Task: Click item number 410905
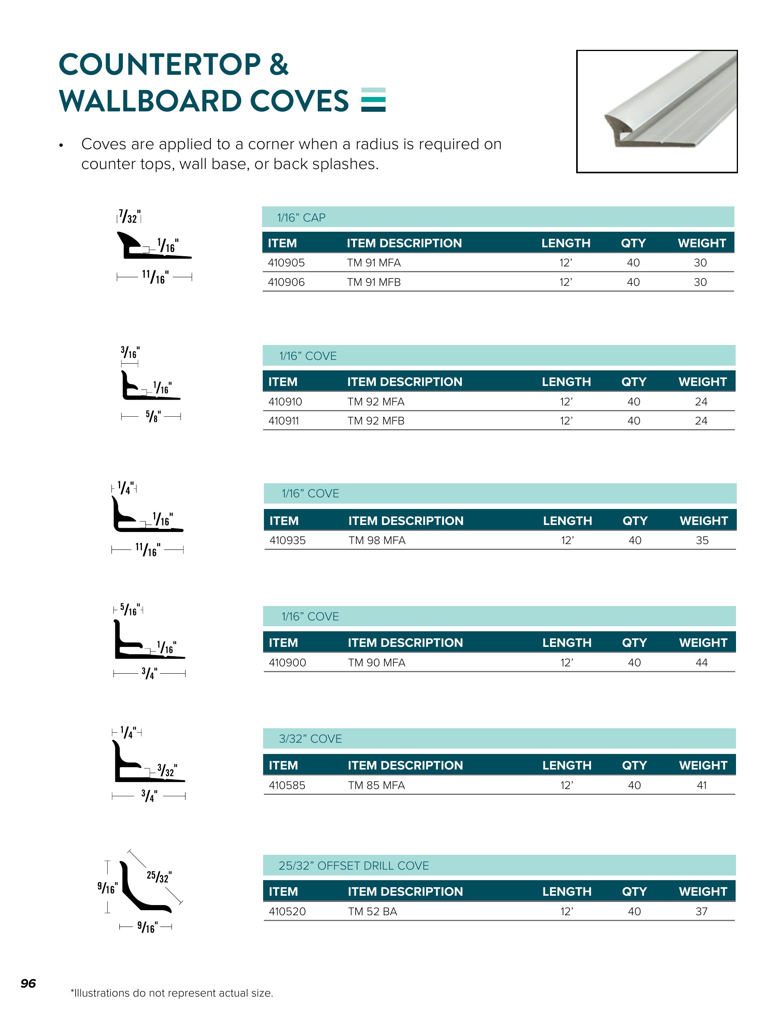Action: tap(286, 262)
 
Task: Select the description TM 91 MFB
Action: tap(373, 282)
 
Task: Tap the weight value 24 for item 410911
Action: tap(701, 421)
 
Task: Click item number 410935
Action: tap(287, 540)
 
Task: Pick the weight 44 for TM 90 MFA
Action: tap(701, 662)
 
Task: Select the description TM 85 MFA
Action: tap(376, 785)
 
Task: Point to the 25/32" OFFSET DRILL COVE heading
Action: tap(354, 866)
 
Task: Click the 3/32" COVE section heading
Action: tap(310, 739)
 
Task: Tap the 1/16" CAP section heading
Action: tap(301, 218)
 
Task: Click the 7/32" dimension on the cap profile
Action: tap(129, 217)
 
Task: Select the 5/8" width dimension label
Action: tap(153, 416)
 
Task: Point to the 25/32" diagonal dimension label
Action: tap(158, 876)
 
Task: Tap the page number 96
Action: tap(28, 983)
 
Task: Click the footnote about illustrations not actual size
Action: tap(172, 993)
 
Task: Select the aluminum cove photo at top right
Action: tap(656, 111)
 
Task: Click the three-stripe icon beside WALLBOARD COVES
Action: tap(373, 100)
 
